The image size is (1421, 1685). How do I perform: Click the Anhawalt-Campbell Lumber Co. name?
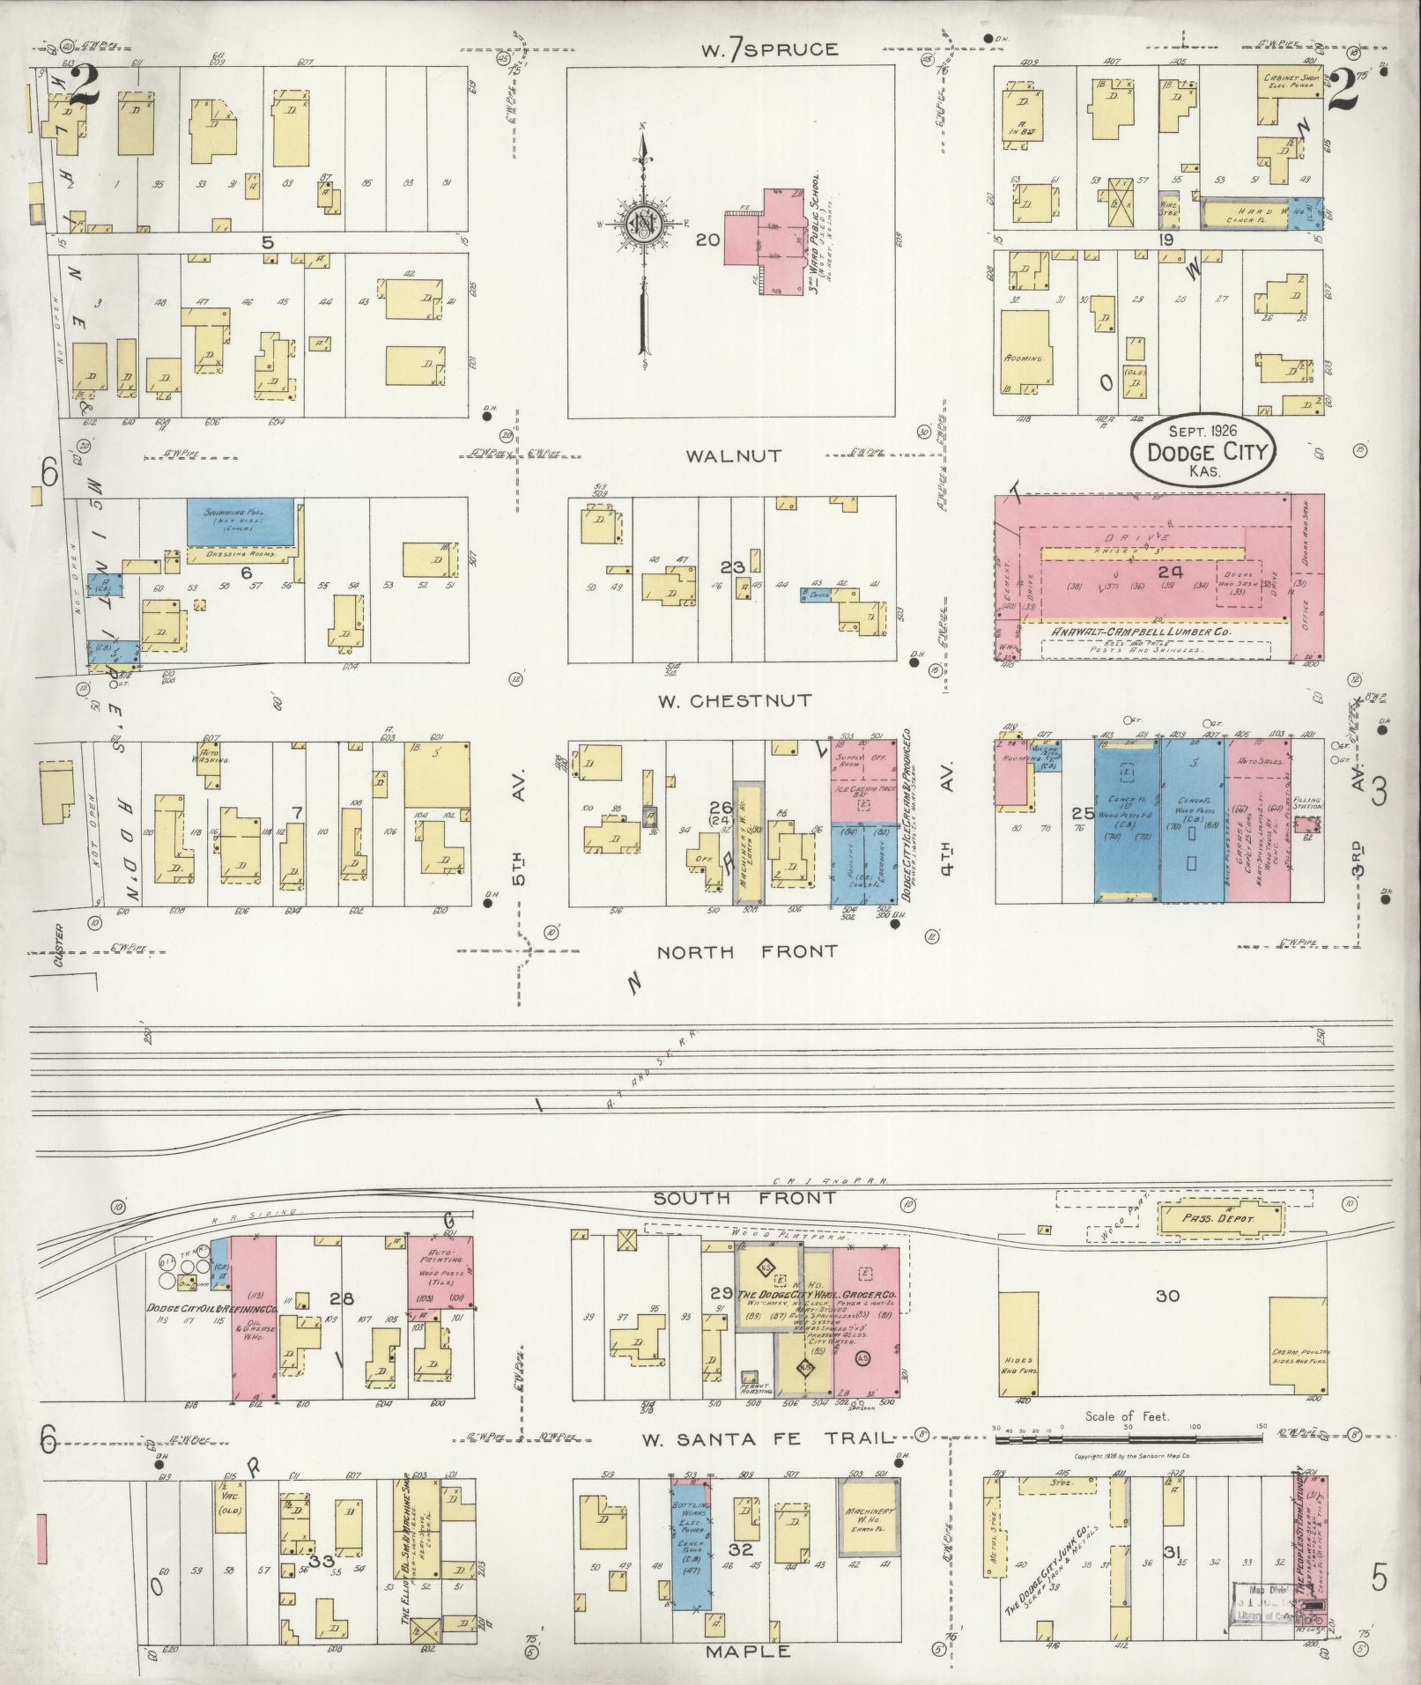pos(1141,632)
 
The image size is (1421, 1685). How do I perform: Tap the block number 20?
pos(707,240)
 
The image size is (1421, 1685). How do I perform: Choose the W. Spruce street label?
pos(768,49)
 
